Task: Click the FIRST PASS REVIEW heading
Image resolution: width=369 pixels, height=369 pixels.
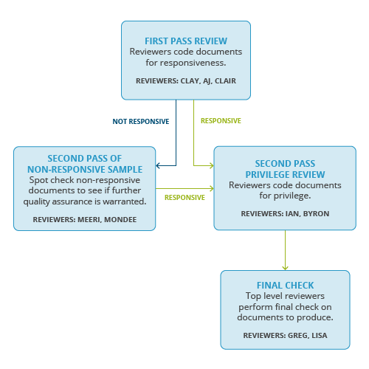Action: pos(185,41)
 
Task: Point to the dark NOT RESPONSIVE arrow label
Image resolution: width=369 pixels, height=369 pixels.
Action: pos(140,121)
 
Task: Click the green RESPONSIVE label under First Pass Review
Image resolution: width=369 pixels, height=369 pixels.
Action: pos(221,121)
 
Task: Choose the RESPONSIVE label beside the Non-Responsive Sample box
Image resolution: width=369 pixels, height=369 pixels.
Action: pos(184,198)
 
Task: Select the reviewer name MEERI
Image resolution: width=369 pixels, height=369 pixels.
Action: pos(90,219)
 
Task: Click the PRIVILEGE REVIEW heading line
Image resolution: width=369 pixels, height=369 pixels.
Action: pos(284,173)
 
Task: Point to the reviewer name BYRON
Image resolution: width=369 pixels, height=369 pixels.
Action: pos(315,213)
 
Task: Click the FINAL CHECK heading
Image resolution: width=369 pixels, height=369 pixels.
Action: pos(285,285)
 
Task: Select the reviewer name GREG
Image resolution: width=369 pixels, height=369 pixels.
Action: pos(297,336)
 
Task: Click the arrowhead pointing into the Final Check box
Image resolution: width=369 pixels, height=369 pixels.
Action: pos(285,266)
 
